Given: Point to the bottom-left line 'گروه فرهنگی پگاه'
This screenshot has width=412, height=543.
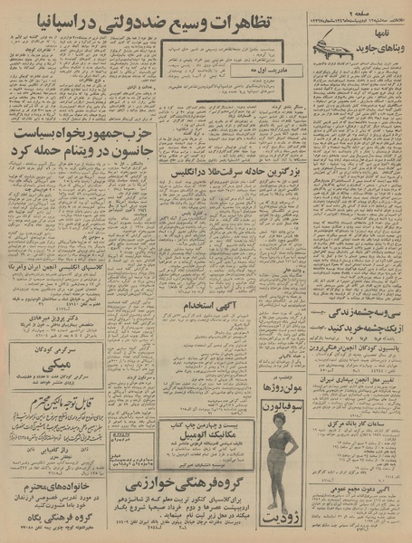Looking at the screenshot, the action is click(x=54, y=513).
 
